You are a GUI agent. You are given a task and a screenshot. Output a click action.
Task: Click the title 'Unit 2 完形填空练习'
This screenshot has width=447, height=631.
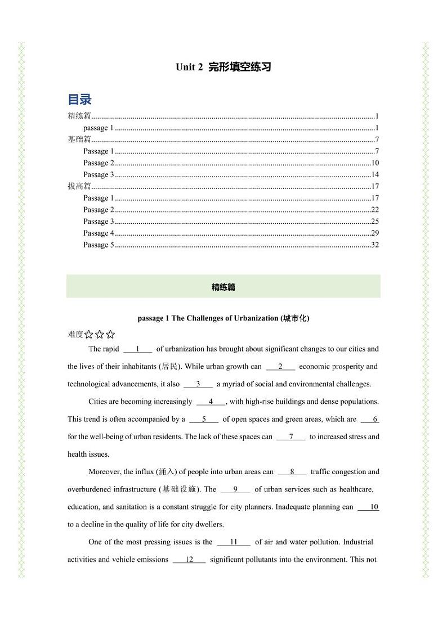(x=223, y=67)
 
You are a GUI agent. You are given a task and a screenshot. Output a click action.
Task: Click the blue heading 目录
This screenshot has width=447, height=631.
(x=79, y=100)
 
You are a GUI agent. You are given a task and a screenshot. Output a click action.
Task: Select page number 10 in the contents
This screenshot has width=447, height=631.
(x=375, y=163)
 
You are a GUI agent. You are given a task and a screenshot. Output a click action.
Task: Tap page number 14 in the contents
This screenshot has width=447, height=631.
(x=375, y=175)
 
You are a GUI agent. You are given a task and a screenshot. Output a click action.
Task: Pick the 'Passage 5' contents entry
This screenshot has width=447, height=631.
(x=99, y=245)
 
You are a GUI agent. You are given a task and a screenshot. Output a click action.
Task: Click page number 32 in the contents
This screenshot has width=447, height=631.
(x=375, y=245)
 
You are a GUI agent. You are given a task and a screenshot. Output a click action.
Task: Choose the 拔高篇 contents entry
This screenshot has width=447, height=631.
(x=79, y=187)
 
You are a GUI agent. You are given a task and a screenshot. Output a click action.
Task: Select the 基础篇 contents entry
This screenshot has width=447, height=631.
(x=79, y=140)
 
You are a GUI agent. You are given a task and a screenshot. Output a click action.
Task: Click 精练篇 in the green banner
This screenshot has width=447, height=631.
(x=223, y=287)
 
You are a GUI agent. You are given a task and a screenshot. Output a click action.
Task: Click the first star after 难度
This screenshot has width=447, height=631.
(x=89, y=335)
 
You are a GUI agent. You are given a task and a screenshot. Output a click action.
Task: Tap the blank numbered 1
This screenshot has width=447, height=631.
(x=137, y=349)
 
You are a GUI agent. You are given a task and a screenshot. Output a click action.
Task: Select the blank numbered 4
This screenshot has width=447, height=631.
(x=211, y=402)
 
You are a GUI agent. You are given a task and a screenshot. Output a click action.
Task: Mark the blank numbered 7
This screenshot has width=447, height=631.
(x=291, y=437)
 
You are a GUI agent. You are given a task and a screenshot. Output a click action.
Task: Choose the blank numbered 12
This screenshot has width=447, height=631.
(x=189, y=560)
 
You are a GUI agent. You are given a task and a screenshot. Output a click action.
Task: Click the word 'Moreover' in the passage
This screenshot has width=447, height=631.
(x=104, y=472)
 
